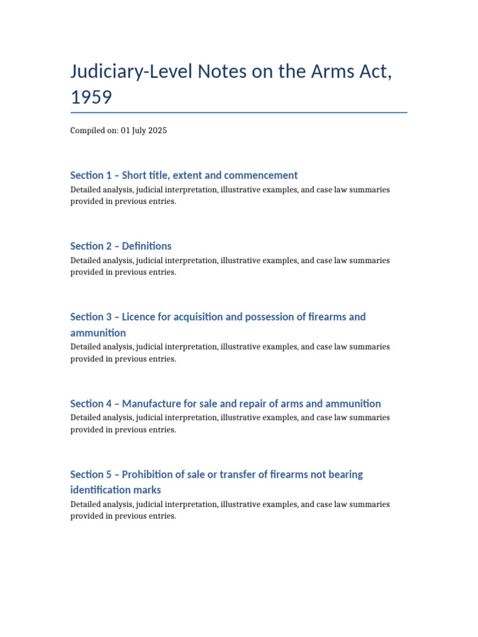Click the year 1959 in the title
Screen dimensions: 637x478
tap(91, 97)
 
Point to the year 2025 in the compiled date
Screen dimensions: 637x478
tap(157, 131)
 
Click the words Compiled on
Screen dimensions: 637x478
tap(93, 131)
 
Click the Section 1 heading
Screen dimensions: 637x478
tap(184, 175)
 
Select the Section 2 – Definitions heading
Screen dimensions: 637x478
tap(121, 246)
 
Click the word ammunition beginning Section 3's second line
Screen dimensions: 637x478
tap(98, 333)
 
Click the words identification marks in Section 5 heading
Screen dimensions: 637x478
tap(115, 490)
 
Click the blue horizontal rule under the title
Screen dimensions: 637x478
tap(239, 113)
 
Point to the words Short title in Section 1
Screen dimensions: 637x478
tap(147, 175)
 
